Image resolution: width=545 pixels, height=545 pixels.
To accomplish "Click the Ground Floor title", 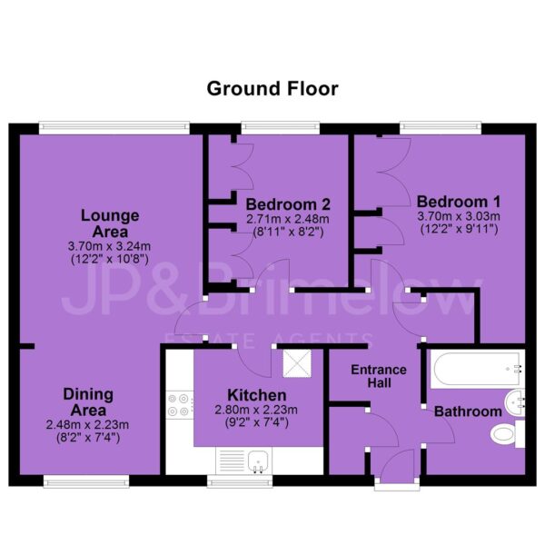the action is (272, 89).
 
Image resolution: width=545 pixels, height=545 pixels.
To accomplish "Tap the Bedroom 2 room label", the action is (288, 204).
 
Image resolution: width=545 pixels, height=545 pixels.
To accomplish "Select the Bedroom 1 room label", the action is (459, 202).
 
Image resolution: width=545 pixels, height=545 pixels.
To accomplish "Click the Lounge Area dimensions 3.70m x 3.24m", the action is (110, 246).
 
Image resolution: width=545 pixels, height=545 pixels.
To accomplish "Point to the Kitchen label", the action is (257, 395).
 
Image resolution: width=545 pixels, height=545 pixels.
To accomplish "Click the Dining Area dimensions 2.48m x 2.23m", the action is (87, 424).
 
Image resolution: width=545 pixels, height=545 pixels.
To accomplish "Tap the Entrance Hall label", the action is (379, 376).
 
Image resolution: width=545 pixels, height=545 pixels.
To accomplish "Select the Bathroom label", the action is (468, 411).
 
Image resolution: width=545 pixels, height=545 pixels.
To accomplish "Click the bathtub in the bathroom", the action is (477, 369).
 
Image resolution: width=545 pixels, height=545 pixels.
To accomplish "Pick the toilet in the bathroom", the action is (508, 434).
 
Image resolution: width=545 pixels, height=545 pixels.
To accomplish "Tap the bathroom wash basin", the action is (514, 402).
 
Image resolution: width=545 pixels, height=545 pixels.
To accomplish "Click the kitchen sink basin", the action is (258, 461).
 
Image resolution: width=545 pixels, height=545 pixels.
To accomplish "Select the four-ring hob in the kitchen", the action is (179, 405).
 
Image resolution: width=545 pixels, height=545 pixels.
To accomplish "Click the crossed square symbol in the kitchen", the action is (297, 363).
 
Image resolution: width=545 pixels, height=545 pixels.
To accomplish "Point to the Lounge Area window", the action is (114, 127).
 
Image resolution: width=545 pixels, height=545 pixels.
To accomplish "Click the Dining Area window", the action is (86, 481).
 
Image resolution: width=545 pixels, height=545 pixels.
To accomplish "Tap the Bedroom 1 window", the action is (441, 127).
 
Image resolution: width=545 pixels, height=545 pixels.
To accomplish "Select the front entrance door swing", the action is (398, 466).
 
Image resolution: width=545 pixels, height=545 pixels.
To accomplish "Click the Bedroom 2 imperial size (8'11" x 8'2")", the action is (288, 232).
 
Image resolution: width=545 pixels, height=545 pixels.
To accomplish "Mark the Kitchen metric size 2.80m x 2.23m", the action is (256, 410).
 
